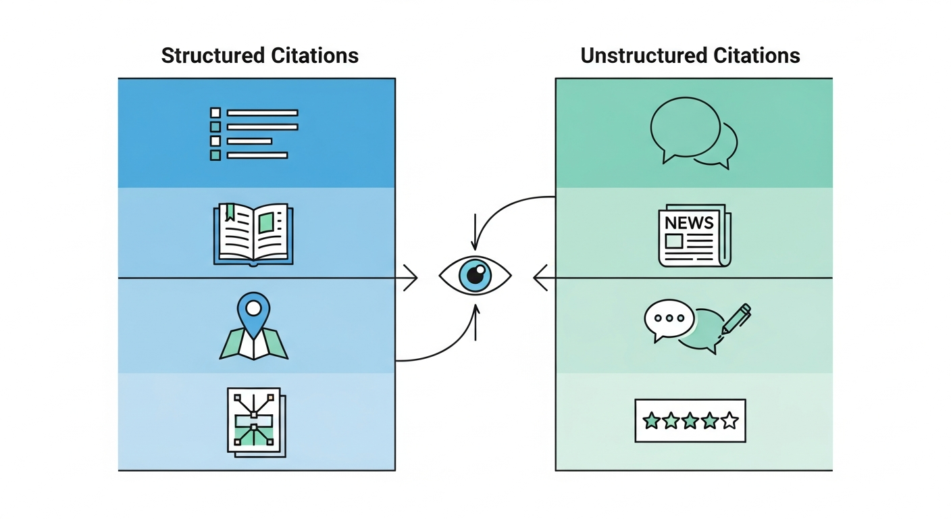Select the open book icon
pos(253,234)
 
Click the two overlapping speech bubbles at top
pos(692,132)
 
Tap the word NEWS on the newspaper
pos(689,222)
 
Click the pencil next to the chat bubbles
pos(736,318)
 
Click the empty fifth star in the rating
pos(729,422)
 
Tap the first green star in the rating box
pos(651,422)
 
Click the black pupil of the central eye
pos(476,276)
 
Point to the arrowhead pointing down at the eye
pos(475,246)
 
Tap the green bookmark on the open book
pos(230,212)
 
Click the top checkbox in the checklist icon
pos(215,112)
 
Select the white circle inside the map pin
pos(253,308)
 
